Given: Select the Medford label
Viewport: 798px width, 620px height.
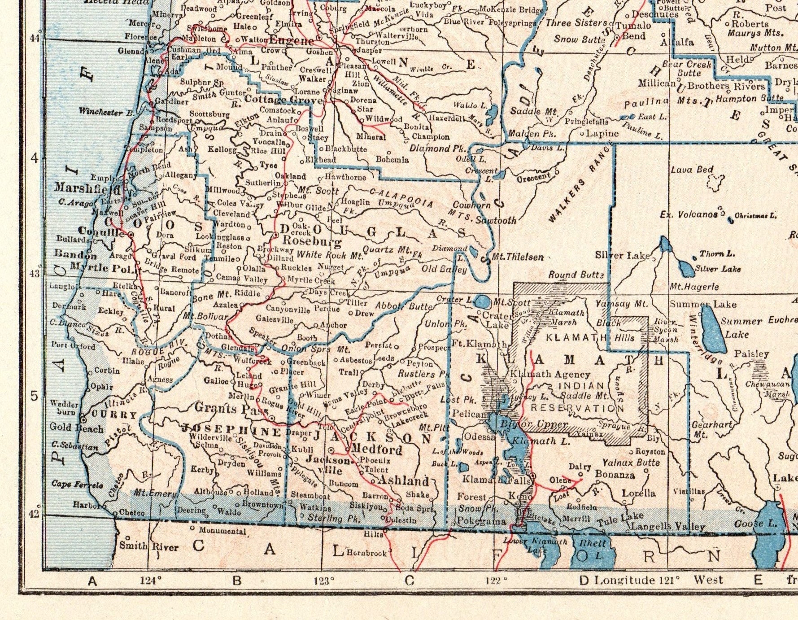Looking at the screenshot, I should pyautogui.click(x=376, y=449).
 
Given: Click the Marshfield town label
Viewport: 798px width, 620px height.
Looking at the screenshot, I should pyautogui.click(x=87, y=188).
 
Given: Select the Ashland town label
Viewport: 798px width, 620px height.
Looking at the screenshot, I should pyautogui.click(x=404, y=481).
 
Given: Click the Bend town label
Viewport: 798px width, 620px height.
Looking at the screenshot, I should pyautogui.click(x=634, y=36).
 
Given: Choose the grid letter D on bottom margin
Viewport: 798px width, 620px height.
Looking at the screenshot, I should pyautogui.click(x=584, y=581).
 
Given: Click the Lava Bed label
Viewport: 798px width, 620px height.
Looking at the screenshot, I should pyautogui.click(x=692, y=170).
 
